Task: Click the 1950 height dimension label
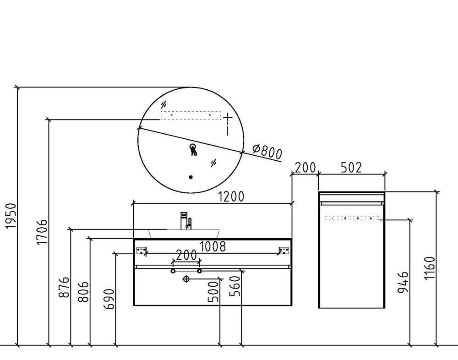coord(11,216)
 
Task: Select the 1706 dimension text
coord(42,232)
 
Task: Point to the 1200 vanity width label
coord(231,197)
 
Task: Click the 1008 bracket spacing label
coord(213,246)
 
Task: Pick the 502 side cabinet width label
coord(351,168)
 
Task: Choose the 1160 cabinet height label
coord(430,268)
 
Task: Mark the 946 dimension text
coord(403,282)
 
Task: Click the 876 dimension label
coord(64,287)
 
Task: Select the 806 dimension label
coord(83,292)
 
